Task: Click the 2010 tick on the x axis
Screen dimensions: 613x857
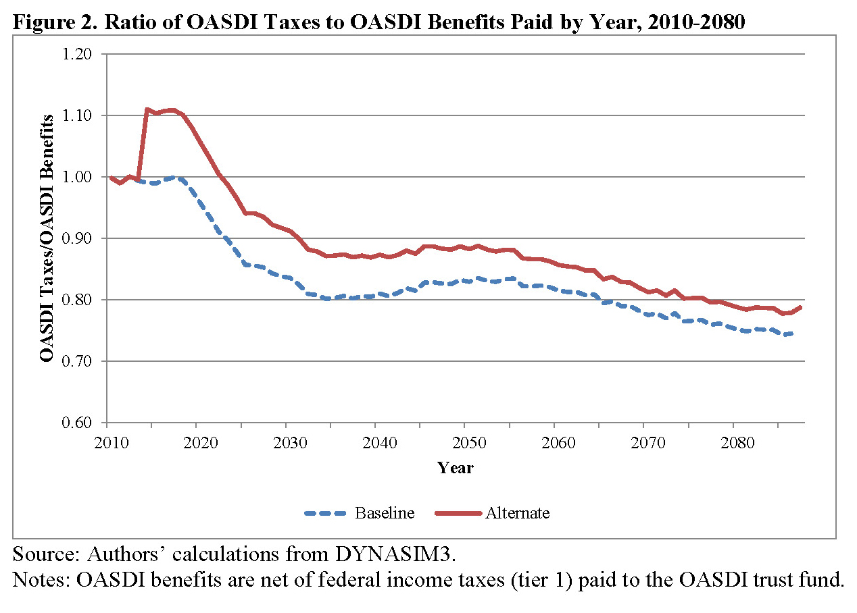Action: [x=107, y=443]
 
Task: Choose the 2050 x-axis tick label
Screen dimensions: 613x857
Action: [x=464, y=443]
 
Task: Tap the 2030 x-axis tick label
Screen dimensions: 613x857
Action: [x=285, y=443]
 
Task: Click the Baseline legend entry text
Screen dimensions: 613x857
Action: [x=385, y=513]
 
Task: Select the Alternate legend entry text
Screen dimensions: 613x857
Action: [x=518, y=513]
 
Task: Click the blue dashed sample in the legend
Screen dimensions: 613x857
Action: [x=328, y=513]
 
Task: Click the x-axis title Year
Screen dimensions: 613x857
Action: [x=456, y=468]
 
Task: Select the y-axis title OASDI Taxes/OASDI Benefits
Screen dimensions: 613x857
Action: [x=47, y=238]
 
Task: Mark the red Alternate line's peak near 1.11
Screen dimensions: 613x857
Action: [x=147, y=109]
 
